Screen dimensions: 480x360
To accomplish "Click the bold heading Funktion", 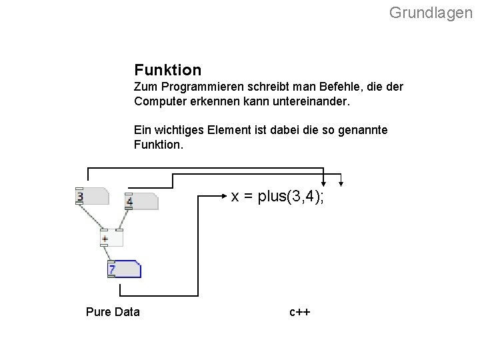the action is pyautogui.click(x=167, y=69).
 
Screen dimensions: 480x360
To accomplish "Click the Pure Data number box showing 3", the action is pyautogui.click(x=92, y=197).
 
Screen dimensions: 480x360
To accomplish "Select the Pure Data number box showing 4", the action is pyautogui.click(x=141, y=201).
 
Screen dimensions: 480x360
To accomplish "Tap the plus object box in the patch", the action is pyautogui.click(x=111, y=238).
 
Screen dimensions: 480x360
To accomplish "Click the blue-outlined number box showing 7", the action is pyautogui.click(x=124, y=269).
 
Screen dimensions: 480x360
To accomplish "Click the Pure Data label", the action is pyautogui.click(x=113, y=311).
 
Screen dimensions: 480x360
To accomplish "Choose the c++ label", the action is pyautogui.click(x=300, y=312).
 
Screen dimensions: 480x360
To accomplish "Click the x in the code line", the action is pyautogui.click(x=235, y=196).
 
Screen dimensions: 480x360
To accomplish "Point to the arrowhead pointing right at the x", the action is pyautogui.click(x=225, y=196).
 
